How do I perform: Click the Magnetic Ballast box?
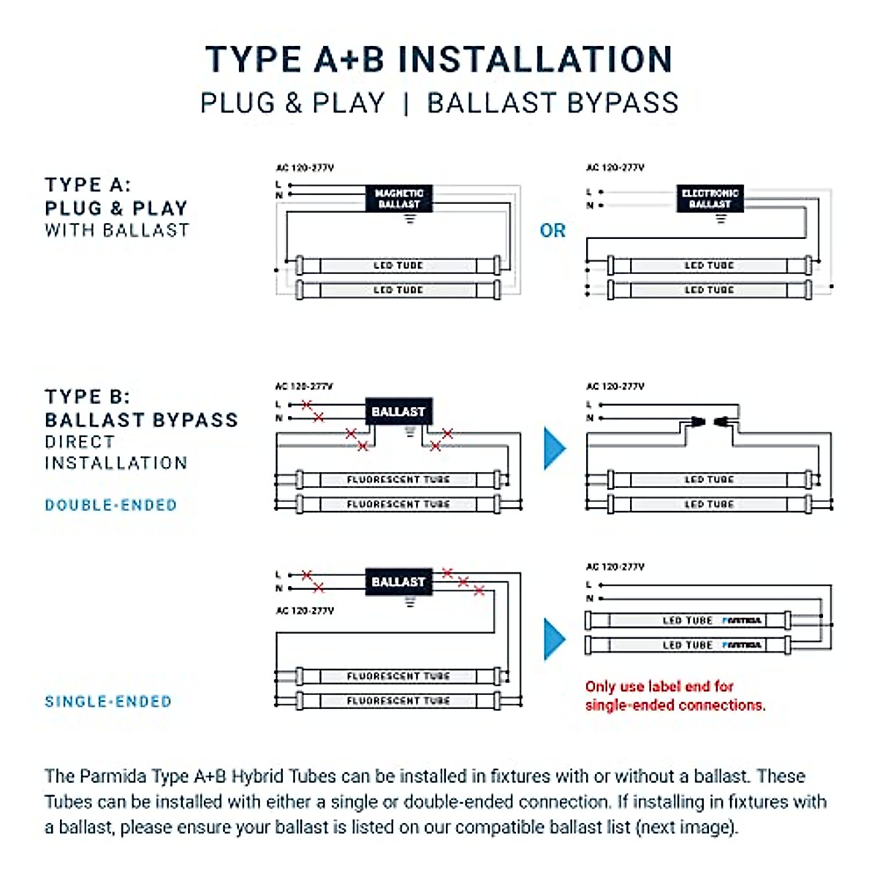(x=398, y=198)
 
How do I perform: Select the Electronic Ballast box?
(x=710, y=198)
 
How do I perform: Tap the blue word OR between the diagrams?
(x=553, y=231)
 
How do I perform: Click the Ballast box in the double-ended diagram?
(x=398, y=412)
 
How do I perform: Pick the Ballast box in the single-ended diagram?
(x=398, y=582)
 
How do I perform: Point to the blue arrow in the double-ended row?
(x=555, y=448)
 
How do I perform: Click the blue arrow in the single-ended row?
(x=555, y=639)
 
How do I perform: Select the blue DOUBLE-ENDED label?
(x=111, y=505)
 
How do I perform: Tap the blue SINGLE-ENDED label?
(x=109, y=702)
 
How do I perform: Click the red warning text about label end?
(x=675, y=696)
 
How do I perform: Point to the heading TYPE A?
(x=88, y=185)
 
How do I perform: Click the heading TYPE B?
(x=88, y=397)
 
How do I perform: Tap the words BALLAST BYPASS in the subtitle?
(x=553, y=103)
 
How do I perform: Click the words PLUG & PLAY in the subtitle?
(x=292, y=103)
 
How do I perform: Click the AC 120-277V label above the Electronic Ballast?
(x=615, y=167)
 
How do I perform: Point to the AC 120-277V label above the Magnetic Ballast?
(x=305, y=167)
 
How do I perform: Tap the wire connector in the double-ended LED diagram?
(x=708, y=422)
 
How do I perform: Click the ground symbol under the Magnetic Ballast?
(x=410, y=218)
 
